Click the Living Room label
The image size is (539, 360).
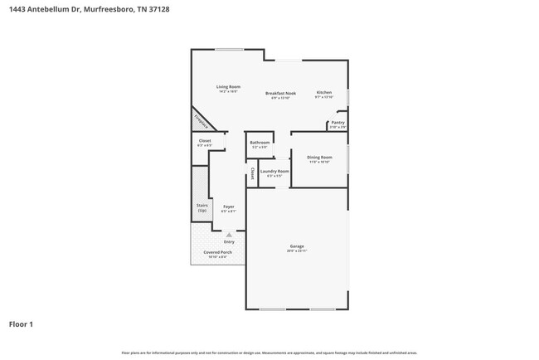pyautogui.click(x=229, y=87)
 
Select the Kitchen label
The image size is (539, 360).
pyautogui.click(x=324, y=92)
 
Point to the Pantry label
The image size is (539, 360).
pyautogui.click(x=337, y=123)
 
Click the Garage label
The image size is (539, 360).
pyautogui.click(x=297, y=246)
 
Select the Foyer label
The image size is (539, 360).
pyautogui.click(x=228, y=206)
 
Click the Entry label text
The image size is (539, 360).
pyautogui.click(x=229, y=241)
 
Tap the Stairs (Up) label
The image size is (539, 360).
pyautogui.click(x=202, y=207)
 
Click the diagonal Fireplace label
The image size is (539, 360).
pyautogui.click(x=201, y=121)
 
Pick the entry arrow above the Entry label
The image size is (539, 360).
pyautogui.click(x=229, y=235)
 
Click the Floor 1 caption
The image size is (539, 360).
pyautogui.click(x=22, y=324)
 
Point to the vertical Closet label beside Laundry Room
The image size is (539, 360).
pyautogui.click(x=251, y=174)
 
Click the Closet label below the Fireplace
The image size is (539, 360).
pyautogui.click(x=205, y=141)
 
